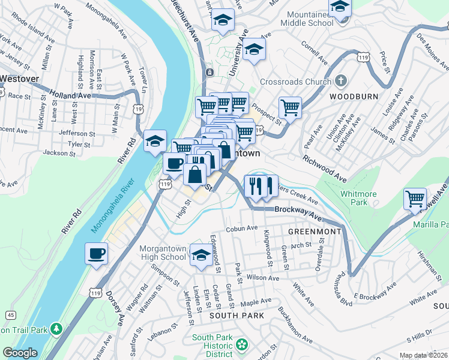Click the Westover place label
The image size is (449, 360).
point(19,78)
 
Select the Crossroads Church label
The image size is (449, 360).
point(295,82)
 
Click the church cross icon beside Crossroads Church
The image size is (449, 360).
point(341,80)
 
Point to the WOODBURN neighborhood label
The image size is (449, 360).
point(348,96)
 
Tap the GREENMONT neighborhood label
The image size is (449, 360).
point(315,231)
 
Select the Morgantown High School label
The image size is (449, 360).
point(163,253)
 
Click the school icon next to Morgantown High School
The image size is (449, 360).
point(200,254)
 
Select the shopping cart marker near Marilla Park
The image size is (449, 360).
point(415,199)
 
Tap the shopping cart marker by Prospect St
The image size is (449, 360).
point(290,109)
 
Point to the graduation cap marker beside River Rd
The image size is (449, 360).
point(155,142)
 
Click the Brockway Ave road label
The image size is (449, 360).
point(295,210)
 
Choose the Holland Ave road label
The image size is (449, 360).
point(71,95)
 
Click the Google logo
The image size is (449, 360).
point(20,353)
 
